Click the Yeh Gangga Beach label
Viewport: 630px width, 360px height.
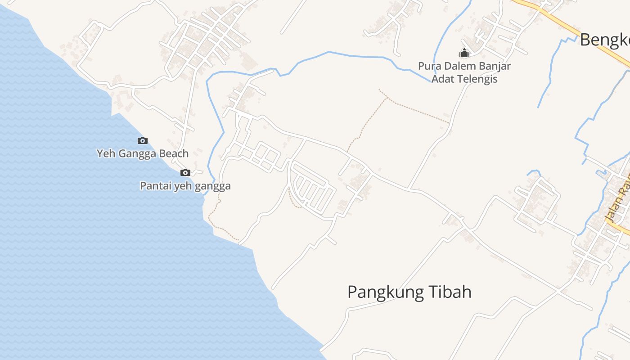pyautogui.click(x=143, y=153)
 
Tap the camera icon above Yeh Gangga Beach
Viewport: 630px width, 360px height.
pyautogui.click(x=143, y=141)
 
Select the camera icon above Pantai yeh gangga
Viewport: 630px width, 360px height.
pyautogui.click(x=185, y=172)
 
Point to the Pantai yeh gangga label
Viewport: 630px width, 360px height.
pyautogui.click(x=185, y=186)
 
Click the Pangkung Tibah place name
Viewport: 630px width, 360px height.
pyautogui.click(x=409, y=292)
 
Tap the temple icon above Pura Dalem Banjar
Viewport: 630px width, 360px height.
pyautogui.click(x=464, y=53)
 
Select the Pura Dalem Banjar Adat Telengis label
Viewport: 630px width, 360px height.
pyautogui.click(x=464, y=72)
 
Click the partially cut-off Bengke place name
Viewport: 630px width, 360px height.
pyautogui.click(x=604, y=40)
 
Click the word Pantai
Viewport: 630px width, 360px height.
pyautogui.click(x=154, y=186)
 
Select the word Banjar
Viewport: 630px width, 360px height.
pyautogui.click(x=494, y=66)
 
